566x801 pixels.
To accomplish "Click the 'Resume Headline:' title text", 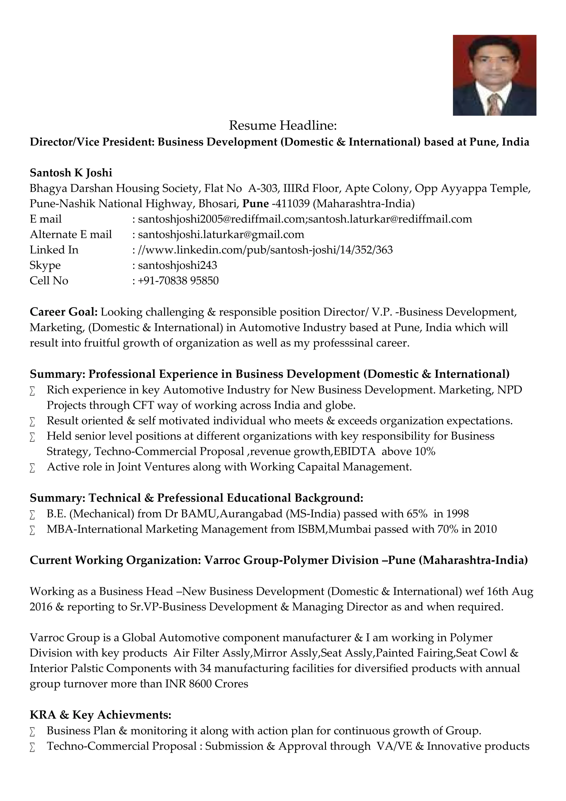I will [x=283, y=126].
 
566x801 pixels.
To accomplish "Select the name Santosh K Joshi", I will [x=71, y=173].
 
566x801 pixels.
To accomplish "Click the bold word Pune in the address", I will [x=255, y=204].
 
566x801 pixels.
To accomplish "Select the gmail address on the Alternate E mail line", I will [x=221, y=235].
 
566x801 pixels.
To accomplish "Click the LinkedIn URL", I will [x=265, y=250].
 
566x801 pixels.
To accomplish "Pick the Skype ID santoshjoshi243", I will [x=177, y=265].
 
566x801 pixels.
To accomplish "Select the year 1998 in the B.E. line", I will [x=458, y=514].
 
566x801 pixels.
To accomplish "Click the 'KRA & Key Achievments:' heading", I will [x=100, y=715].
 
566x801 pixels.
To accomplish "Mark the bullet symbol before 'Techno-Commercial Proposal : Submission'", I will [x=32, y=747].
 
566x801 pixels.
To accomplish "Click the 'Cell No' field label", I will [x=49, y=280].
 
